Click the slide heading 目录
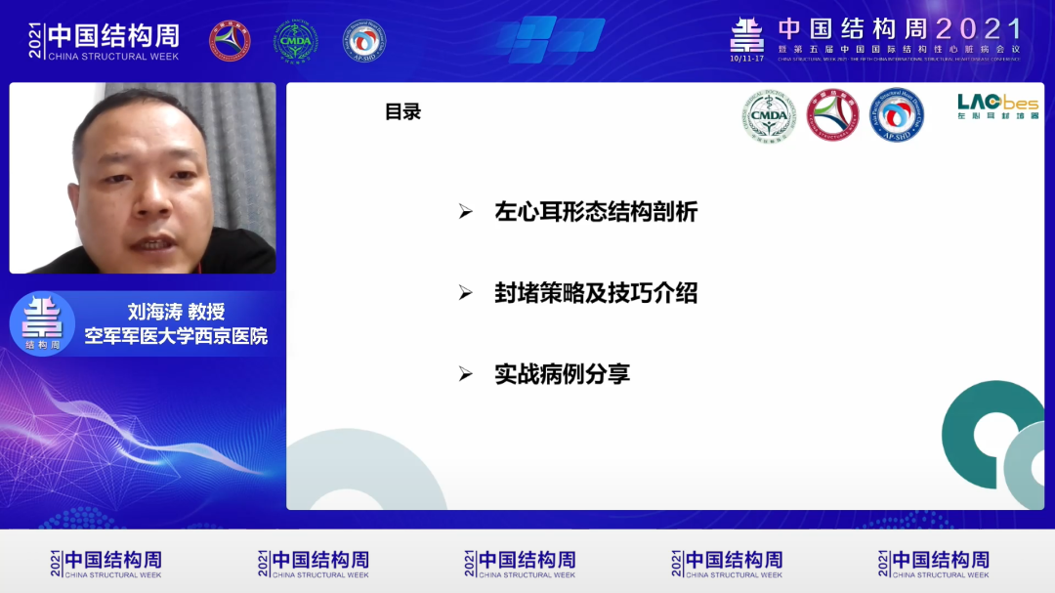point(402,112)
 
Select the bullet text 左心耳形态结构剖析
point(596,212)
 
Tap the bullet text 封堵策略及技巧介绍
point(596,293)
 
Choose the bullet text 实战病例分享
point(562,373)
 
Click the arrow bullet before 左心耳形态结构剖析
point(466,212)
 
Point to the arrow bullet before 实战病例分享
point(466,373)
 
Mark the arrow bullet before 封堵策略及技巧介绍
point(466,293)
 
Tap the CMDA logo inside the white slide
point(769,116)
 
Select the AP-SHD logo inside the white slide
point(896,116)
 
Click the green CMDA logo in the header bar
point(294,41)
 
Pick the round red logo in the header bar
point(230,41)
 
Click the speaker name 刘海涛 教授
point(177,312)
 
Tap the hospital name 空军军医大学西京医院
point(176,337)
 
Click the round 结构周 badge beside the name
point(42,323)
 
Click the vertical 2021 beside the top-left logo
point(36,41)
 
